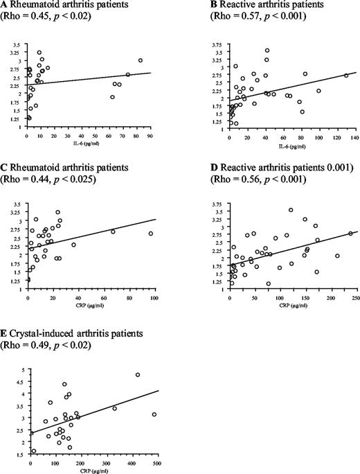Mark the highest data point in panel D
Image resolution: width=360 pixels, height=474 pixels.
291,210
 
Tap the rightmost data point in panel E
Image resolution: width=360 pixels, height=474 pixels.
154,414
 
